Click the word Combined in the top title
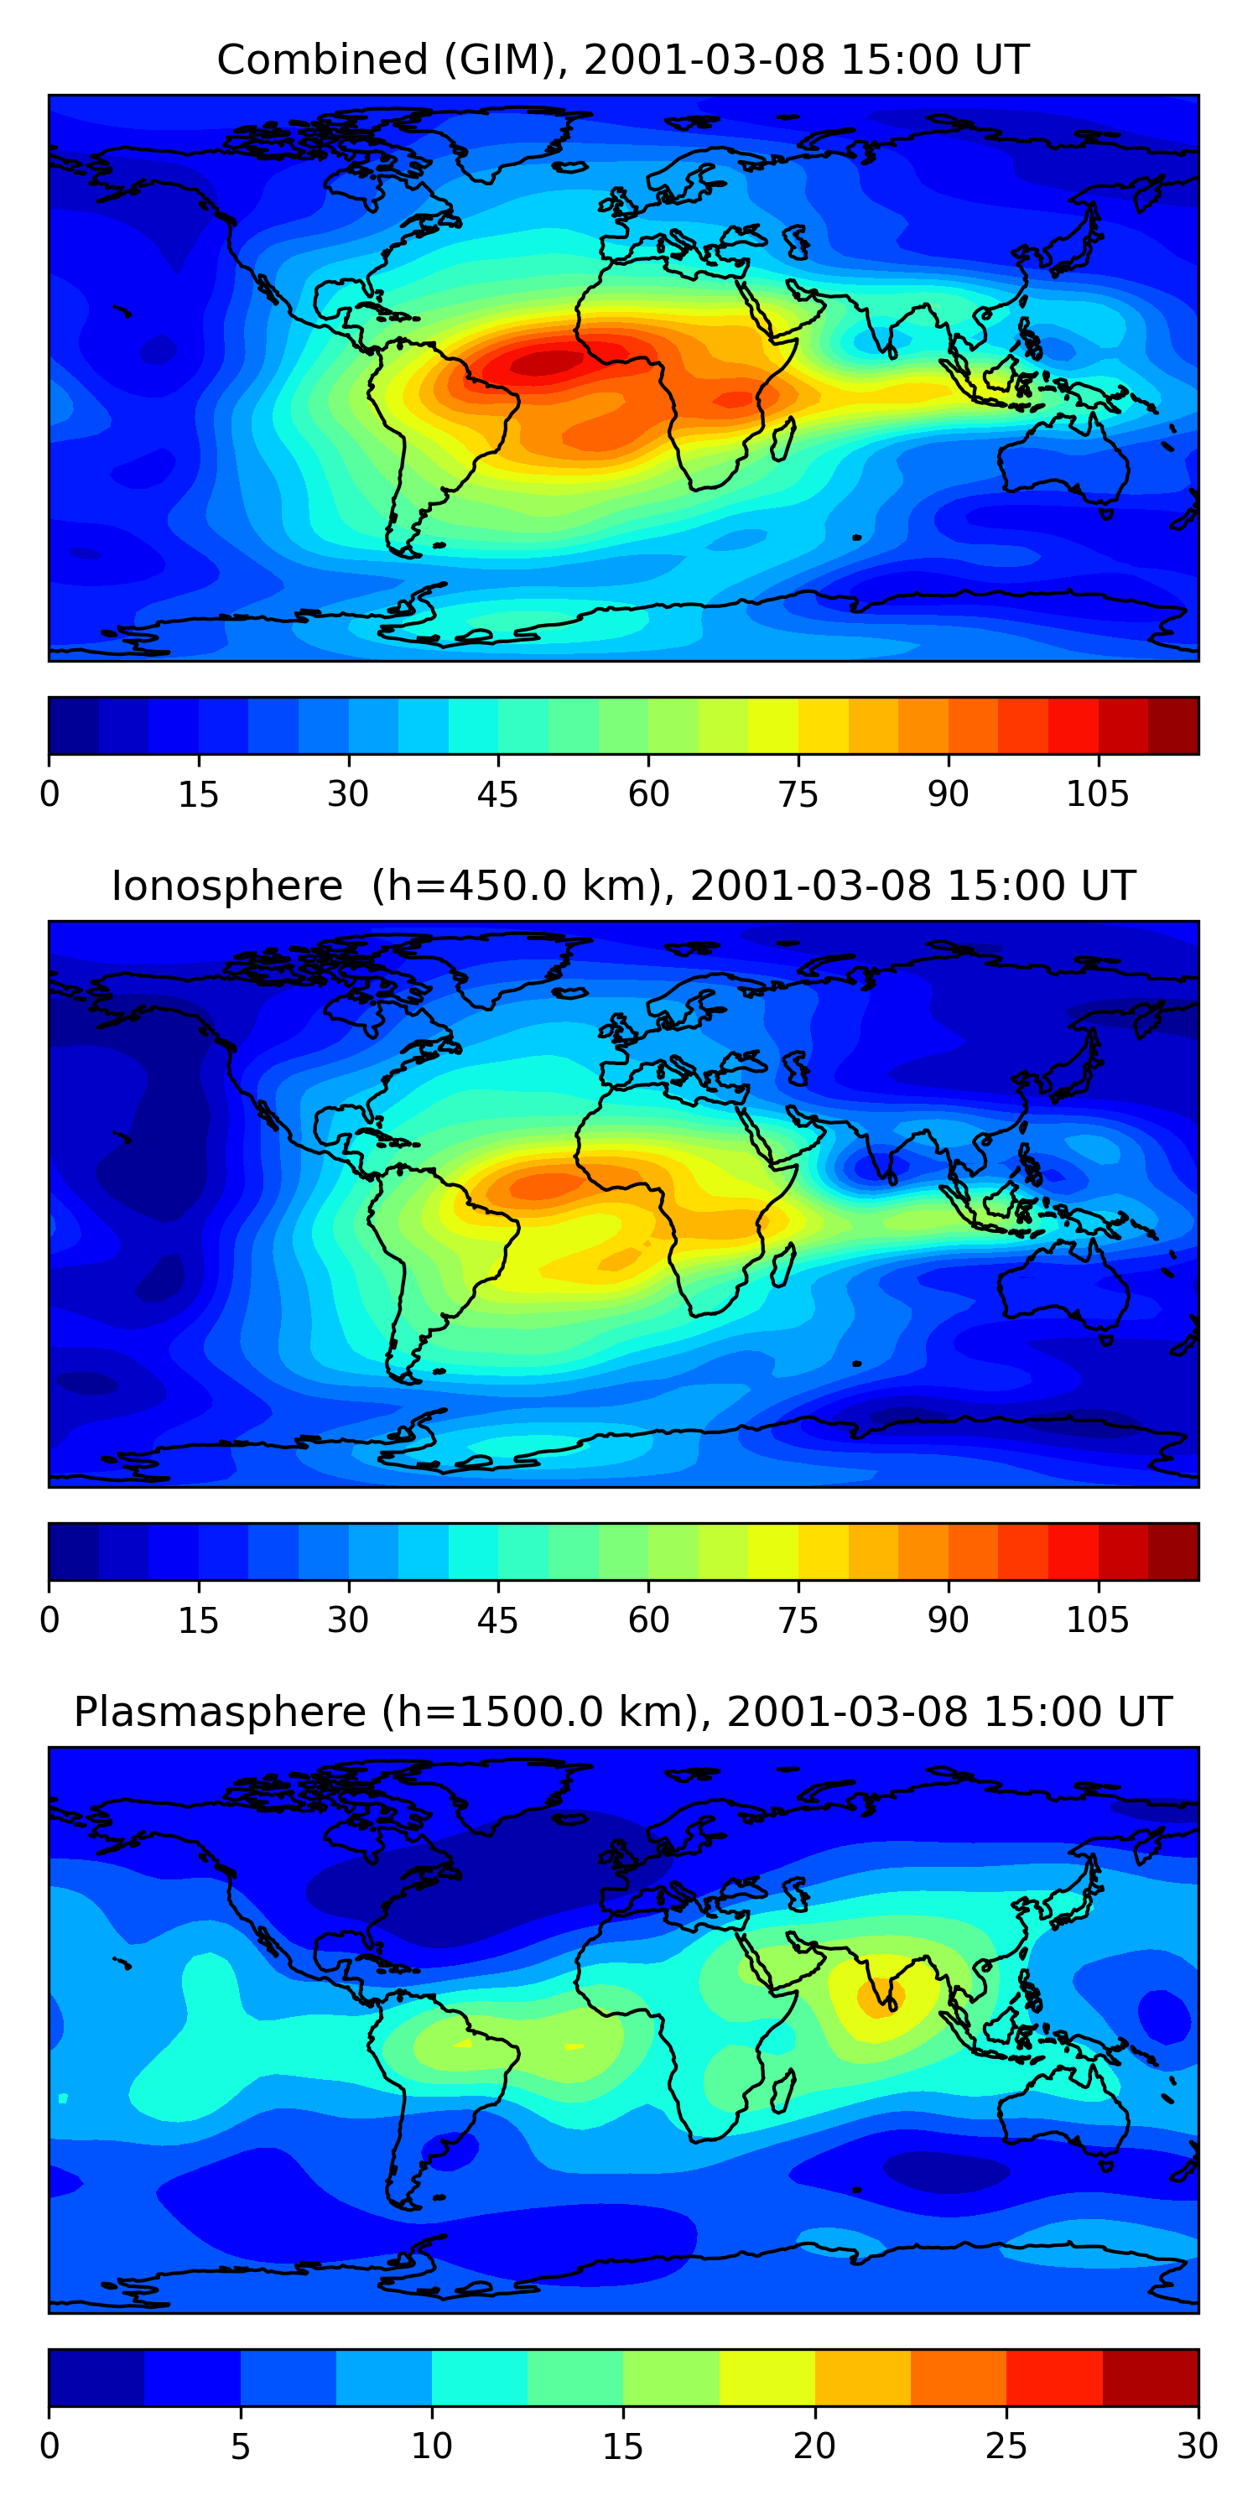(321, 60)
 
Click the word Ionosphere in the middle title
(226, 886)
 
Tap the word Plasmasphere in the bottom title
(219, 1713)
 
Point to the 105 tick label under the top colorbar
(1097, 795)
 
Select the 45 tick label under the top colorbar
(497, 795)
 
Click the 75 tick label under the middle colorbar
(798, 1621)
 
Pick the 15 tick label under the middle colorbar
(198, 1621)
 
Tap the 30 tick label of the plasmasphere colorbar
(1197, 2446)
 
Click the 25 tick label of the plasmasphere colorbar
(1006, 2446)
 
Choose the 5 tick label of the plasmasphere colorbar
(240, 2446)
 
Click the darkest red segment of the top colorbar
(1173, 725)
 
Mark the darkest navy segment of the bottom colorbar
(96, 2378)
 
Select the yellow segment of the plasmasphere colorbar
(767, 2378)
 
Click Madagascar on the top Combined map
(783, 440)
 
